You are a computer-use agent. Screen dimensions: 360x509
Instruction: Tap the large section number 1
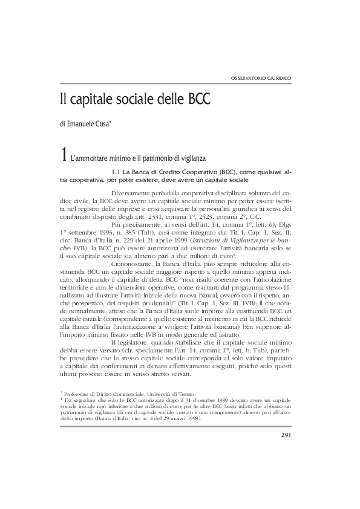pos(64,155)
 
